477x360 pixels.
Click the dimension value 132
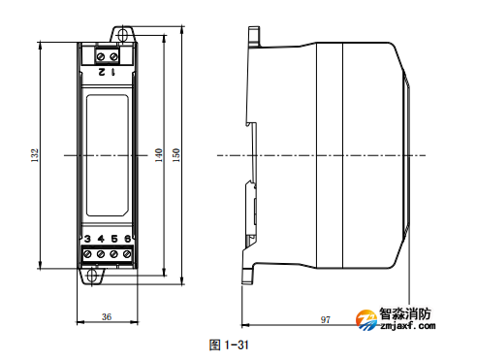tap(34, 155)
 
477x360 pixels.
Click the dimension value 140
tap(158, 155)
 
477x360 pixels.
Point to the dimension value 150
tap(175, 155)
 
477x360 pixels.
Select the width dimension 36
tap(107, 316)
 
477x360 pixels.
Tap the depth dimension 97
tap(326, 318)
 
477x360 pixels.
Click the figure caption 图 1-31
tap(230, 344)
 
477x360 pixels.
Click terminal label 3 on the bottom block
tap(87, 239)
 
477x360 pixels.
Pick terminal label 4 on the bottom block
tap(101, 239)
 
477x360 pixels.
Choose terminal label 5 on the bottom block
tap(114, 239)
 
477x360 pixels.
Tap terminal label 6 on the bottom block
tap(128, 239)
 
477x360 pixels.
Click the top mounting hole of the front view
tap(123, 35)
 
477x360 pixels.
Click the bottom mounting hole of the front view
tap(94, 275)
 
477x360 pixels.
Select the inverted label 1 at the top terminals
tap(114, 71)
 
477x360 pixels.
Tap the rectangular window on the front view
tap(108, 155)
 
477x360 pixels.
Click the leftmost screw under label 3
tap(87, 254)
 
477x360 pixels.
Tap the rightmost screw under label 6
tap(127, 254)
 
